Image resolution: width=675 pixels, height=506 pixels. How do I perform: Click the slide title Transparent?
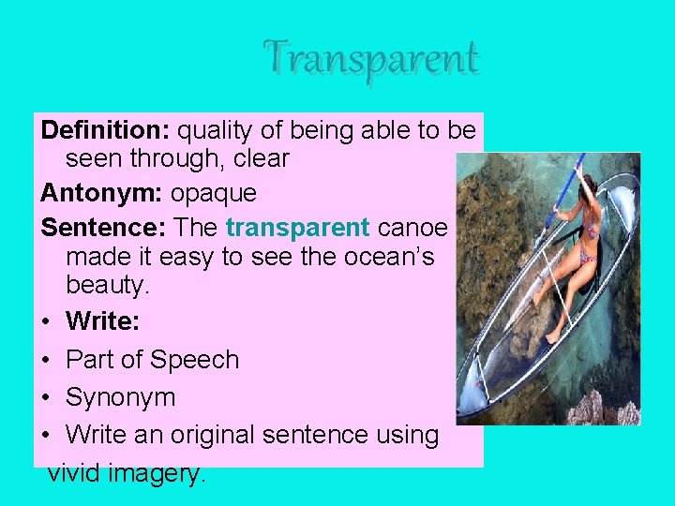coord(371,58)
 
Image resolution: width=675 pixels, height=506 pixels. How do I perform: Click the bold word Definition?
coord(106,129)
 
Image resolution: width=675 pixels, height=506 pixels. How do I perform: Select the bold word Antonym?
coord(101,193)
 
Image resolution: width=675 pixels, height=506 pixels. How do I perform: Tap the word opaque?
coord(213,193)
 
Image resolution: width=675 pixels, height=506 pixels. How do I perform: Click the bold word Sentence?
coord(104,227)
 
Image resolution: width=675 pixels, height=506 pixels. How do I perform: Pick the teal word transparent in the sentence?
coord(297,227)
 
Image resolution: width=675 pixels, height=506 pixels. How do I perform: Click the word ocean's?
coord(384,257)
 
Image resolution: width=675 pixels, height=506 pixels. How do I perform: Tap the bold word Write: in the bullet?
coord(102,321)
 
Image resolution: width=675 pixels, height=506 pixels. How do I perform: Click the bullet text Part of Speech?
coord(152,359)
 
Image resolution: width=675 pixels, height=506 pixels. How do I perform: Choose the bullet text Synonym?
coord(120,397)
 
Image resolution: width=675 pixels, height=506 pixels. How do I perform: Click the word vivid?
coord(75,473)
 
